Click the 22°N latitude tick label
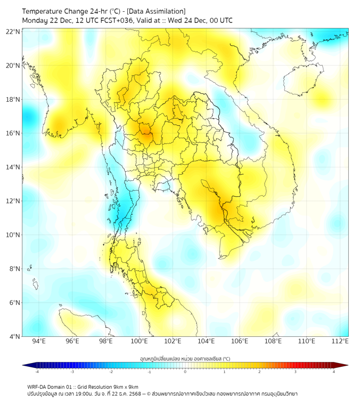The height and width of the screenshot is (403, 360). click(13, 31)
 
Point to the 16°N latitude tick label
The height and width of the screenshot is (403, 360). click(13, 133)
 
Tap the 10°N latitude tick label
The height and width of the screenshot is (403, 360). click(13, 235)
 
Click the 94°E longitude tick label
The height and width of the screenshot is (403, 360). click(39, 341)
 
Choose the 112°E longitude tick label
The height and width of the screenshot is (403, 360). click(340, 341)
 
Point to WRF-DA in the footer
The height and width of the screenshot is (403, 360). click(38, 386)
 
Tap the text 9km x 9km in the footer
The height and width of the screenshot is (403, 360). click(126, 386)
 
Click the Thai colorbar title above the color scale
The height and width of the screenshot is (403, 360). click(185, 358)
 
